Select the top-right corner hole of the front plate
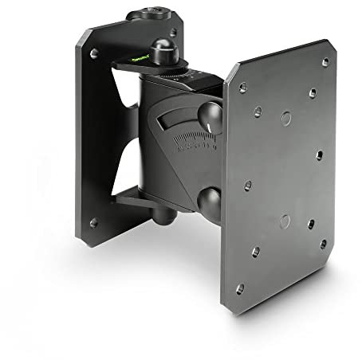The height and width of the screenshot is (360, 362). click(x=325, y=60)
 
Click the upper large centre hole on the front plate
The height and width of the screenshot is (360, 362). click(x=285, y=117)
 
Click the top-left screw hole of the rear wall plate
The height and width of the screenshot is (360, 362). click(x=94, y=53)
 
